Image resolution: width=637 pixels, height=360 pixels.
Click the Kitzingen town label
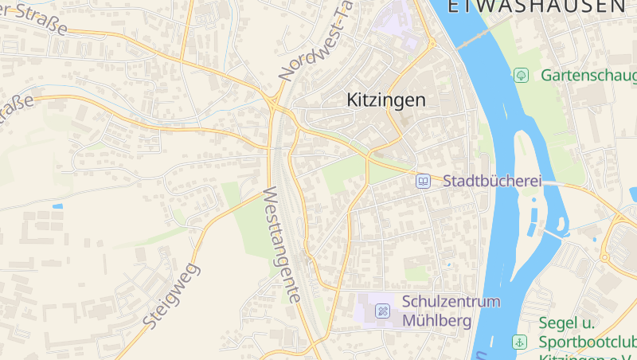pyautogui.click(x=386, y=100)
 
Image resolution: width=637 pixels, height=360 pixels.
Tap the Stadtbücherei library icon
pyautogui.click(x=424, y=182)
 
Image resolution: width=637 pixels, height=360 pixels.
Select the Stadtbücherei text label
pyautogui.click(x=492, y=182)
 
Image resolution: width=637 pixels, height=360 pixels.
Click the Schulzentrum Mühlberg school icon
pyautogui.click(x=383, y=310)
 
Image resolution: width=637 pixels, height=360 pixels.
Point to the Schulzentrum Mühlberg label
pyautogui.click(x=451, y=311)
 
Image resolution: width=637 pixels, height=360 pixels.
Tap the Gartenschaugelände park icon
pyautogui.click(x=522, y=76)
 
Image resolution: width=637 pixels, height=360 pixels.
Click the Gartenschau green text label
pyautogui.click(x=588, y=76)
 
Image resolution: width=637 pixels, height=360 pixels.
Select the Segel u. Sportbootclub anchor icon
pyautogui.click(x=519, y=342)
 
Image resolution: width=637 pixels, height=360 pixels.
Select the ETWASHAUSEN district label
pyautogui.click(x=537, y=7)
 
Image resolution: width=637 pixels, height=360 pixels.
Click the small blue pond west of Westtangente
pyautogui.click(x=57, y=206)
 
